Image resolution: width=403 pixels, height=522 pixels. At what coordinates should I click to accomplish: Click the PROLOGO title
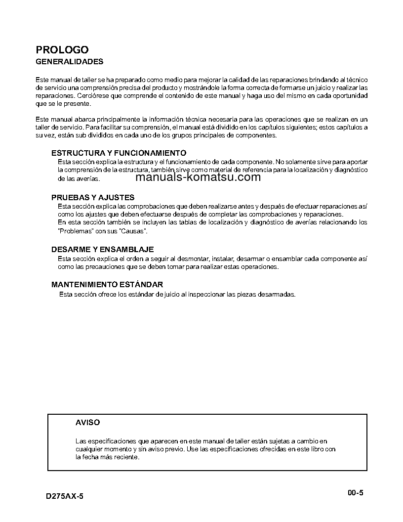click(62, 50)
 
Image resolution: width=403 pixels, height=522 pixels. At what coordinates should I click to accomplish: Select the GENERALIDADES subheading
click(70, 62)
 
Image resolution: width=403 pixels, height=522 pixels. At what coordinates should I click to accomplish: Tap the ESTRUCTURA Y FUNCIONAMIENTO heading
click(119, 153)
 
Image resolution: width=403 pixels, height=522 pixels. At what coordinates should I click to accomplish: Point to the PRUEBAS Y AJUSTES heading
click(93, 197)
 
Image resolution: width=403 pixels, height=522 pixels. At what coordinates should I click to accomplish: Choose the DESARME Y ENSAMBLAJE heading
click(103, 250)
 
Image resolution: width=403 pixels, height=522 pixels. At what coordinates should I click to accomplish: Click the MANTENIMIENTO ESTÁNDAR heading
click(107, 285)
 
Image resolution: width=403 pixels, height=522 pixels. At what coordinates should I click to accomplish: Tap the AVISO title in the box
click(87, 423)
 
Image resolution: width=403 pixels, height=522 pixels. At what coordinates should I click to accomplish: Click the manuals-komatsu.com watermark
click(198, 177)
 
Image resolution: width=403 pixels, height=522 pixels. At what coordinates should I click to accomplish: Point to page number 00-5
click(355, 492)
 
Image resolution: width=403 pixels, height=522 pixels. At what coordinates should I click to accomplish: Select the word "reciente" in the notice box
click(127, 457)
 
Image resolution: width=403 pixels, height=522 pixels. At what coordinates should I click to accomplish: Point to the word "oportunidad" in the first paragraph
click(350, 95)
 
